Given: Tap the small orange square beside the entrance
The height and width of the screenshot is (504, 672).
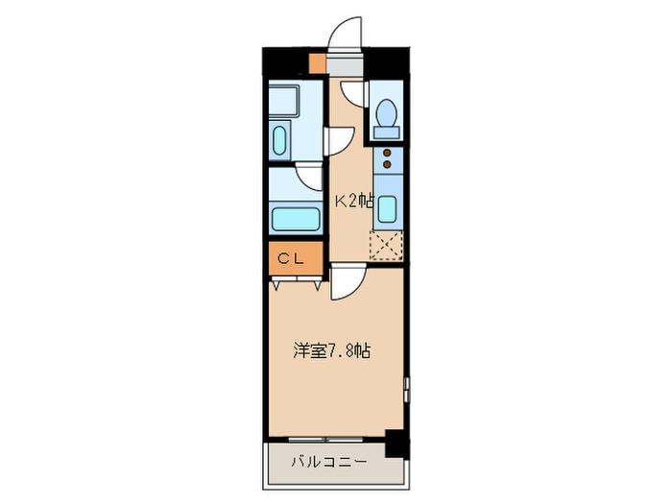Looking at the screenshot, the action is pyautogui.click(x=318, y=63).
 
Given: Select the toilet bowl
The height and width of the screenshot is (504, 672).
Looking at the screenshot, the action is pyautogui.click(x=387, y=113).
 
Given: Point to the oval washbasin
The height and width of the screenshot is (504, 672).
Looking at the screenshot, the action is pyautogui.click(x=279, y=140).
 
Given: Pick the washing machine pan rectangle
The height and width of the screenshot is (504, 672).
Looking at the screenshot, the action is pyautogui.click(x=284, y=101).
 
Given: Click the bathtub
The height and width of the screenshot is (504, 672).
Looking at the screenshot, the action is pyautogui.click(x=296, y=219).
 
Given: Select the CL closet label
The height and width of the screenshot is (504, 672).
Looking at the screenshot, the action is pyautogui.click(x=291, y=258).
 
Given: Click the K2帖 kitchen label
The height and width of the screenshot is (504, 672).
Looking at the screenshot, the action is pyautogui.click(x=353, y=201).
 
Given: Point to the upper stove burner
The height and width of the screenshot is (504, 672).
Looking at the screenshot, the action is pyautogui.click(x=388, y=153).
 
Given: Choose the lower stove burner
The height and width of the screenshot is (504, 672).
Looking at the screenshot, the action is pyautogui.click(x=388, y=164).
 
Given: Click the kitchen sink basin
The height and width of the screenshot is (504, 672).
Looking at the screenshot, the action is pyautogui.click(x=388, y=209).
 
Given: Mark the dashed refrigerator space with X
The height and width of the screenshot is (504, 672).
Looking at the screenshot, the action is pyautogui.click(x=386, y=245).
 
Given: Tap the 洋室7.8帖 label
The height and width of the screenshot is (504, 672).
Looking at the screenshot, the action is pyautogui.click(x=332, y=351).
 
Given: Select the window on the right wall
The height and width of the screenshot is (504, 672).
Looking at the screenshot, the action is pyautogui.click(x=406, y=390).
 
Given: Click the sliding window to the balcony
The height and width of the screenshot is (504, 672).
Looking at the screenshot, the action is pyautogui.click(x=325, y=440).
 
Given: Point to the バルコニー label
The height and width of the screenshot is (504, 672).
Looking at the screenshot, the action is pyautogui.click(x=329, y=462).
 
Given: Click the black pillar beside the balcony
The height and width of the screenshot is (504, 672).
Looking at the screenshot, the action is pyautogui.click(x=397, y=444).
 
